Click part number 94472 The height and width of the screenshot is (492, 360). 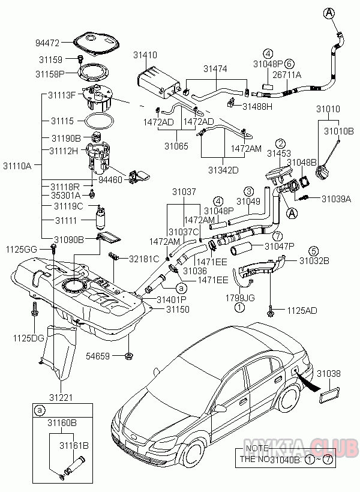[49, 43]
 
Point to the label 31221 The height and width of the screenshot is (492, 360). [60, 397]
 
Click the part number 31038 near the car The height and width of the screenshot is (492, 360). [329, 373]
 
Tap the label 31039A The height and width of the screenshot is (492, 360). [335, 199]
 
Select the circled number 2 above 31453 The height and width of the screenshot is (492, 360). [280, 143]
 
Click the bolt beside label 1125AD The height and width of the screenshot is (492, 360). [271, 311]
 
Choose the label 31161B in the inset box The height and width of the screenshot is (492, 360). [73, 446]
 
